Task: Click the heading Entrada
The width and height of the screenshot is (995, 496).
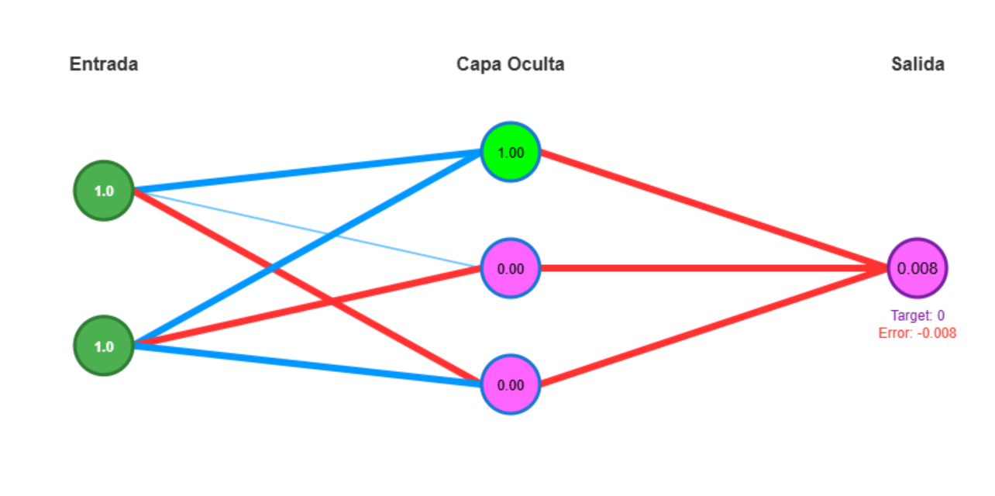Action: [x=104, y=64]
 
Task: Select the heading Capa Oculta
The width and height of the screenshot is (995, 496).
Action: [x=510, y=64]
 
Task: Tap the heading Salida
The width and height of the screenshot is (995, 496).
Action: [x=918, y=64]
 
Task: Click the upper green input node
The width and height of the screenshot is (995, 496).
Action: [x=104, y=191]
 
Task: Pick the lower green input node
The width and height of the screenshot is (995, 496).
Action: [x=104, y=346]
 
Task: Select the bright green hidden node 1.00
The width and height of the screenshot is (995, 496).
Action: [x=510, y=152]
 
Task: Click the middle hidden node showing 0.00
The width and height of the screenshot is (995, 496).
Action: [x=510, y=269]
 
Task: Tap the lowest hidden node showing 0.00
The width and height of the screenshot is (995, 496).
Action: [x=510, y=384]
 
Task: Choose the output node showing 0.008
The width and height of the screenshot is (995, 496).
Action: [x=918, y=268]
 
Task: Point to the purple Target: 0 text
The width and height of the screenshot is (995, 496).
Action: [x=918, y=315]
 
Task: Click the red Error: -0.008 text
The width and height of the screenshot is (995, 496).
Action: [x=918, y=333]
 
